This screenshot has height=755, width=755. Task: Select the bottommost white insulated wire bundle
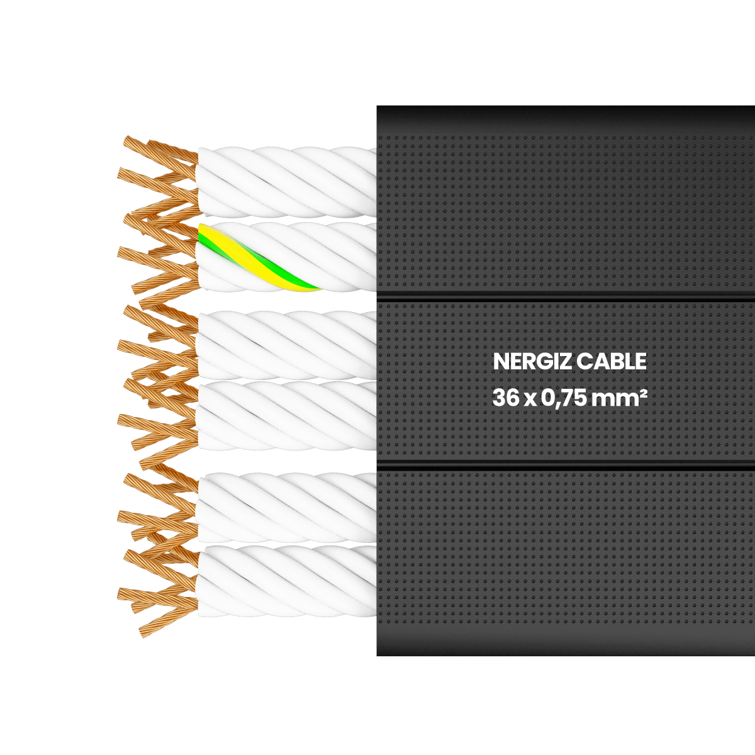click(286, 581)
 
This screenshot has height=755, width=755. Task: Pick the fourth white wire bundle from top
click(286, 416)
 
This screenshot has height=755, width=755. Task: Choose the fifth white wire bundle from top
click(286, 507)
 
